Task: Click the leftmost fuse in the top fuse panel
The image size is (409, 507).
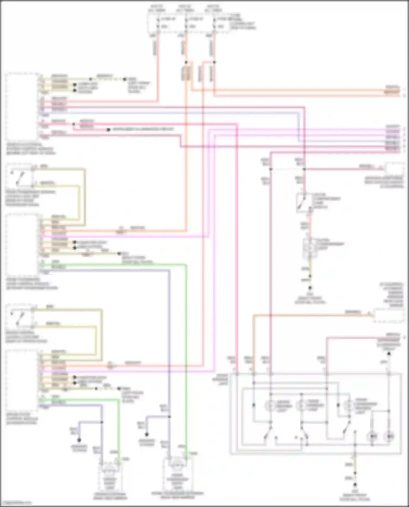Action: (x=158, y=23)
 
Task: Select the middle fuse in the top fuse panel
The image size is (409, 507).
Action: (x=186, y=23)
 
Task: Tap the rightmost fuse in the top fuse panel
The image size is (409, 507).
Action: (x=215, y=23)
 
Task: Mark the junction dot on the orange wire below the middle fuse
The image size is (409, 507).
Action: (x=186, y=62)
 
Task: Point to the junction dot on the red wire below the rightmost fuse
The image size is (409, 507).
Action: (x=214, y=62)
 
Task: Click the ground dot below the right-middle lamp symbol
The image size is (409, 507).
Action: (x=310, y=287)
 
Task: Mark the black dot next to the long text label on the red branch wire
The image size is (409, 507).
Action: (x=108, y=130)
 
